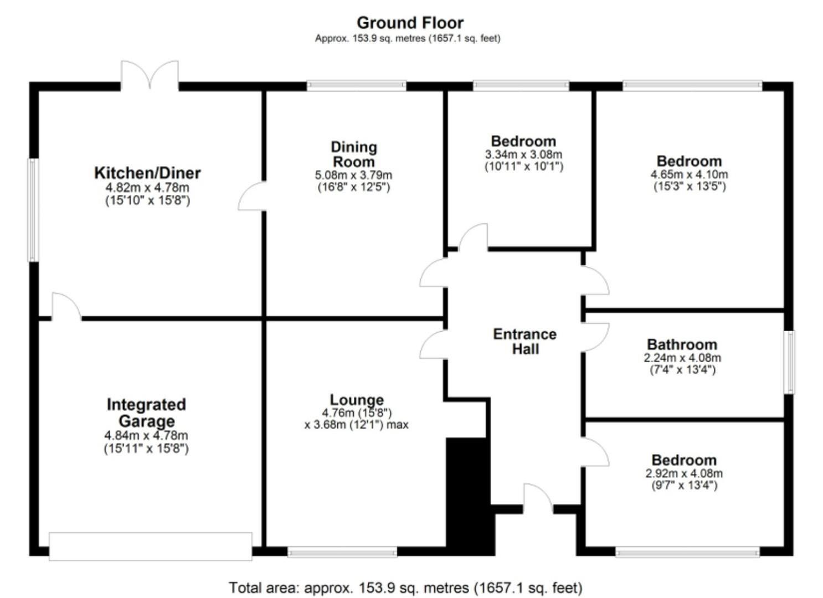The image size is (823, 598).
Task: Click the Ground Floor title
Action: click(x=410, y=23)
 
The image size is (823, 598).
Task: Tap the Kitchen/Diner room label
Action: click(x=147, y=173)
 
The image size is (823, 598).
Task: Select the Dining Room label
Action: click(x=354, y=154)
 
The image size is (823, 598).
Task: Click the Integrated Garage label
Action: click(x=146, y=413)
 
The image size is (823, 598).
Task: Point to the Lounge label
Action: click(x=357, y=400)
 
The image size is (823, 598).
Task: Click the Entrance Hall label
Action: click(x=524, y=341)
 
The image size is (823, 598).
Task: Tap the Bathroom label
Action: click(x=682, y=344)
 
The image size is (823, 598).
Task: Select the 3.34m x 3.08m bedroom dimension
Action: click(x=523, y=154)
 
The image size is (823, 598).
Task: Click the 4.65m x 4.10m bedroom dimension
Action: click(x=689, y=174)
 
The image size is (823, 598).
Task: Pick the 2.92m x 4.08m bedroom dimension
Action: click(x=684, y=473)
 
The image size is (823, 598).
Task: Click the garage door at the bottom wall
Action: click(x=150, y=546)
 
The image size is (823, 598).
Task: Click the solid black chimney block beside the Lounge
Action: click(x=469, y=496)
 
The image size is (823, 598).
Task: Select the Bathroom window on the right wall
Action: click(x=790, y=362)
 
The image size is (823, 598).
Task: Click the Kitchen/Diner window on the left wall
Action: click(x=33, y=210)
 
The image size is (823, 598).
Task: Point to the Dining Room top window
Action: click(x=357, y=85)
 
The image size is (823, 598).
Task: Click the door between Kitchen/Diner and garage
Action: click(x=66, y=308)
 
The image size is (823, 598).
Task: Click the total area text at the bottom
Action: click(x=405, y=587)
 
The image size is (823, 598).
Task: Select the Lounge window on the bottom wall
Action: click(x=342, y=551)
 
